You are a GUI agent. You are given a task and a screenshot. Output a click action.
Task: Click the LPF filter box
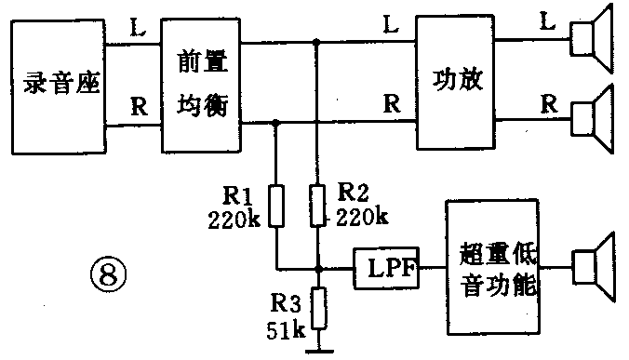(x=385, y=270)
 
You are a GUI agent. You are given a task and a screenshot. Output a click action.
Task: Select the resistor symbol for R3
(x=318, y=309)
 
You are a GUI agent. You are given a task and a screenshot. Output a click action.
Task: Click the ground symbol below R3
(x=318, y=351)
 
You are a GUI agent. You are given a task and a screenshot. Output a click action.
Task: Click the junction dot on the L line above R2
(x=318, y=42)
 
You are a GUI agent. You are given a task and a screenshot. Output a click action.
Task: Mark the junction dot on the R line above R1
(x=276, y=122)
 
